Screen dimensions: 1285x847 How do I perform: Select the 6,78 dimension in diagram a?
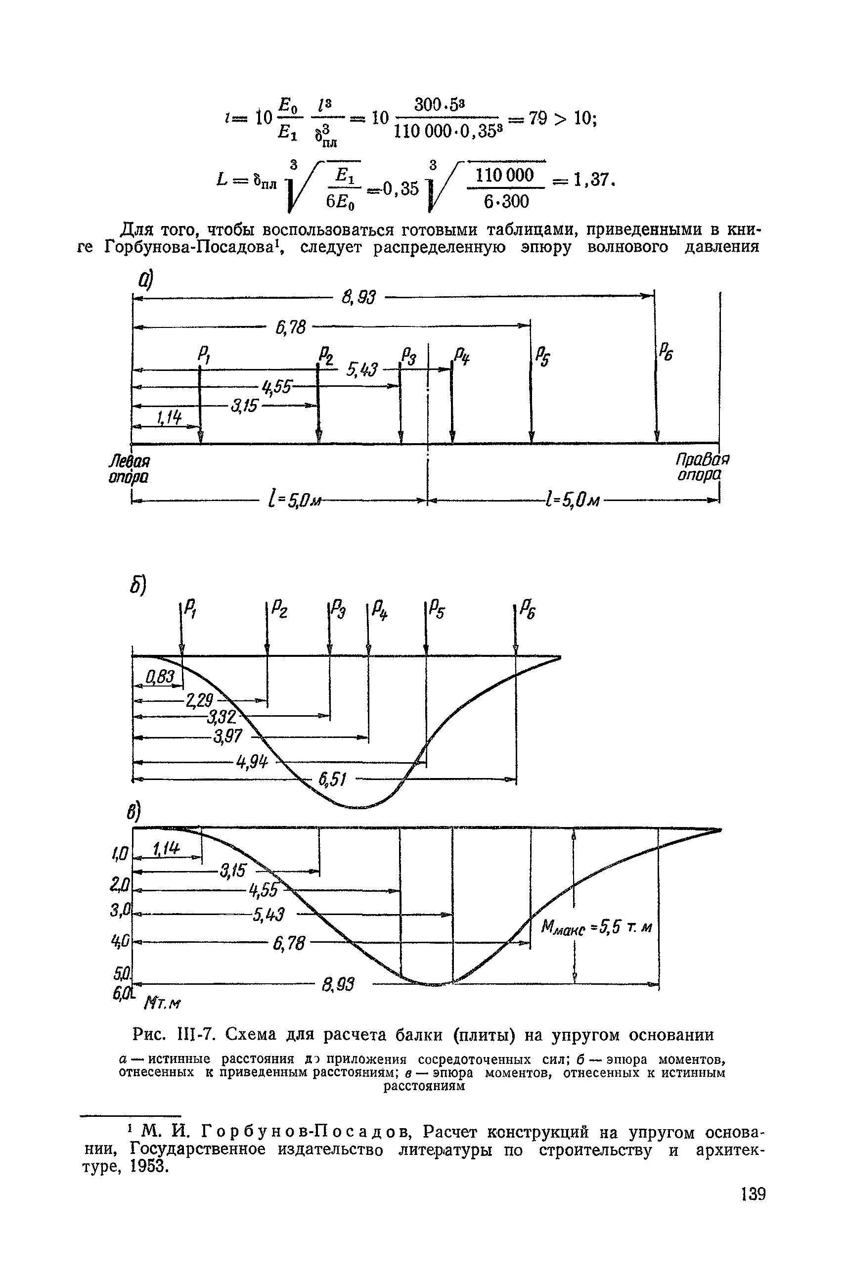[291, 327]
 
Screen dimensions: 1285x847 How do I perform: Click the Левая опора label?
[129, 469]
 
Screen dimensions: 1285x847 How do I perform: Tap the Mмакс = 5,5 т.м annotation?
[596, 928]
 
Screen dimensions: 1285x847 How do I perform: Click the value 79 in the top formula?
[539, 118]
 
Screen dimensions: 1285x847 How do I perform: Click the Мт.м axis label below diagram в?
[162, 1004]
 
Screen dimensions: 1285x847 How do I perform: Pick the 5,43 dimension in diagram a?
[362, 369]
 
